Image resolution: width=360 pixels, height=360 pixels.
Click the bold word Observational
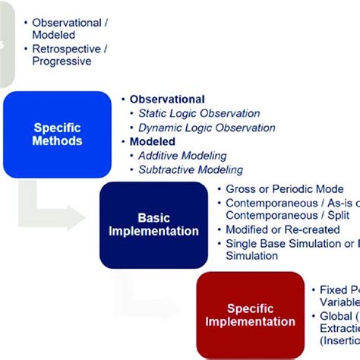[x=167, y=99]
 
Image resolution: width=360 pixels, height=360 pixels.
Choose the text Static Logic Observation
[x=199, y=114]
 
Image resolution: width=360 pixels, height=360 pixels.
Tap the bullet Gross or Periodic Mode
[x=285, y=188]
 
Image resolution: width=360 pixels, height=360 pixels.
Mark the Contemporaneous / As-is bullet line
[x=292, y=202]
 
